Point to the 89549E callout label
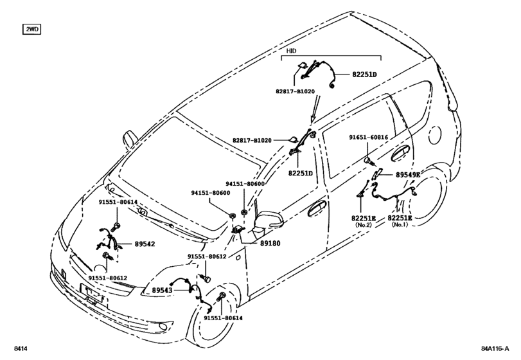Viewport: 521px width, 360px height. click(x=407, y=174)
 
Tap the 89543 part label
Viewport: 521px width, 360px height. click(x=164, y=291)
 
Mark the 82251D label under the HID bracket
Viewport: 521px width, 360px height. click(x=364, y=75)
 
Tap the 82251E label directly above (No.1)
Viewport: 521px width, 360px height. click(x=400, y=219)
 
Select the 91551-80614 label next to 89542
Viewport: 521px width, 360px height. click(x=118, y=202)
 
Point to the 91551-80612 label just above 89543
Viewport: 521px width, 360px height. click(x=207, y=256)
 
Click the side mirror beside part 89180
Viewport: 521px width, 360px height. click(x=266, y=221)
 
